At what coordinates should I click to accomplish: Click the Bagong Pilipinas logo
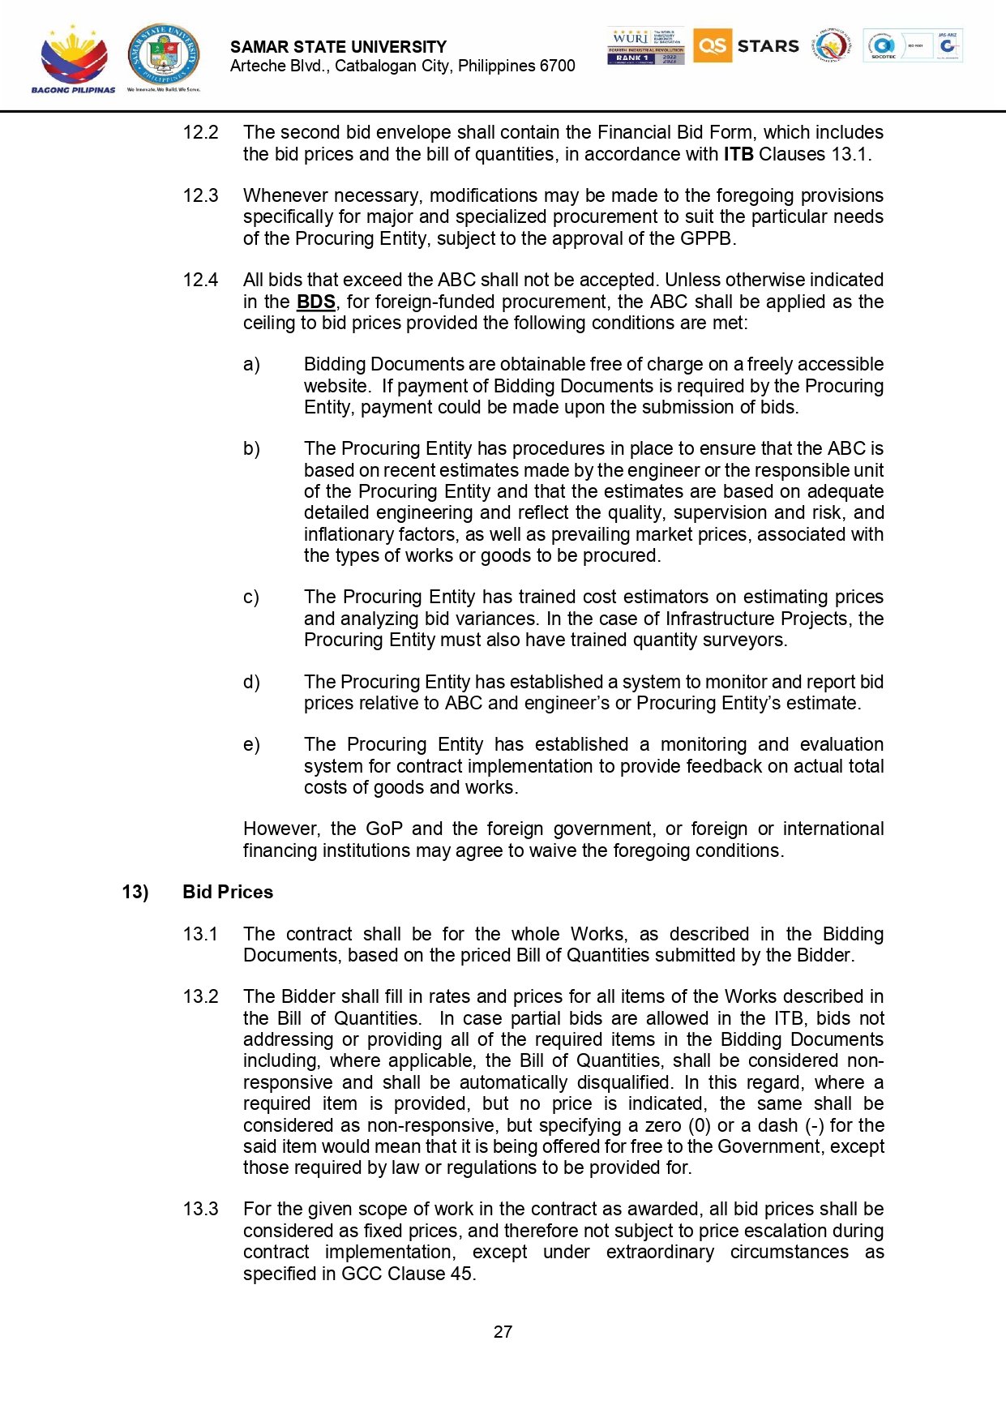point(73,58)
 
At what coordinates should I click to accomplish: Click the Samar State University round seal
point(163,55)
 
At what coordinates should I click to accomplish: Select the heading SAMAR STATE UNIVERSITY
point(338,47)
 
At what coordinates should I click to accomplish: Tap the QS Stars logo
point(746,46)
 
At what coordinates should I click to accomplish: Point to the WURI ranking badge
point(645,46)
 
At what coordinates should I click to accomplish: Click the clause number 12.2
point(200,133)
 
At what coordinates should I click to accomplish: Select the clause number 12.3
point(200,196)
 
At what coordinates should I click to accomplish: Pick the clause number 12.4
point(200,281)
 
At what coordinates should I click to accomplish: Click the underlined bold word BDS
point(315,302)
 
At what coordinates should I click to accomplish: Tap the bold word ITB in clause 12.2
point(738,155)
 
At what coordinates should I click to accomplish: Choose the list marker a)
point(251,365)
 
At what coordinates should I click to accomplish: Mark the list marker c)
point(251,597)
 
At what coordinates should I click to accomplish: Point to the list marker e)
point(251,745)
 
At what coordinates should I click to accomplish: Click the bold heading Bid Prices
point(228,893)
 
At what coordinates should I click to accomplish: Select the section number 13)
point(135,893)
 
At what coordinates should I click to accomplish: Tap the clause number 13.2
point(200,997)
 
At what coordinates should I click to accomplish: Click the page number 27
point(503,1332)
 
